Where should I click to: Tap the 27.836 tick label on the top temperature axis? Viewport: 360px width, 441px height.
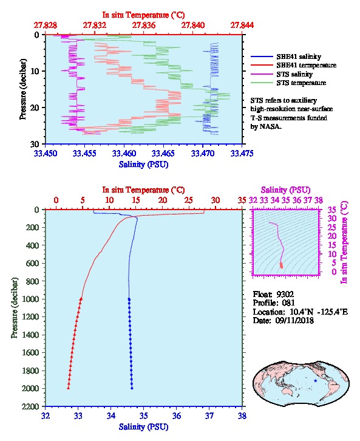tap(144, 25)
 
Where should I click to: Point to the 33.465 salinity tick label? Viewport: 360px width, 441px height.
tap(163, 153)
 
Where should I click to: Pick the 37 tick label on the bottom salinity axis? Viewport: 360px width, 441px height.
tap(209, 415)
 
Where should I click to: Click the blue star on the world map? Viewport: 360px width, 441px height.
tap(315, 380)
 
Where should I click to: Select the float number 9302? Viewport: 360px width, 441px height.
tap(285, 295)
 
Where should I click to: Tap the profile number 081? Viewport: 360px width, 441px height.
tap(288, 303)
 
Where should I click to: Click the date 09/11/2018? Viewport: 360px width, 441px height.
tap(294, 320)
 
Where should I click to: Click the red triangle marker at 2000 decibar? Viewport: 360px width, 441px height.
tap(68, 388)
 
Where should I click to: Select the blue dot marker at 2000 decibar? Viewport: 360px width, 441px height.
tap(132, 388)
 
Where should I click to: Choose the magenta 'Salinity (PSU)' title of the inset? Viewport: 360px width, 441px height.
tap(285, 190)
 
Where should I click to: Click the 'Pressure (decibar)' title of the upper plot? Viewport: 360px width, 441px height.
tap(22, 89)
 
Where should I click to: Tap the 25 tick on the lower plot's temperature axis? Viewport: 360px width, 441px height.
tap(189, 200)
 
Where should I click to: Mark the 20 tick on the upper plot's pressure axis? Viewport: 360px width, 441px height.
tap(35, 108)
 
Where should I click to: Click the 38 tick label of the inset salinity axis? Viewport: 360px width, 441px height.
tap(318, 200)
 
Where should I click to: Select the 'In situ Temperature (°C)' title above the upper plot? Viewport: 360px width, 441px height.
tap(144, 15)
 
